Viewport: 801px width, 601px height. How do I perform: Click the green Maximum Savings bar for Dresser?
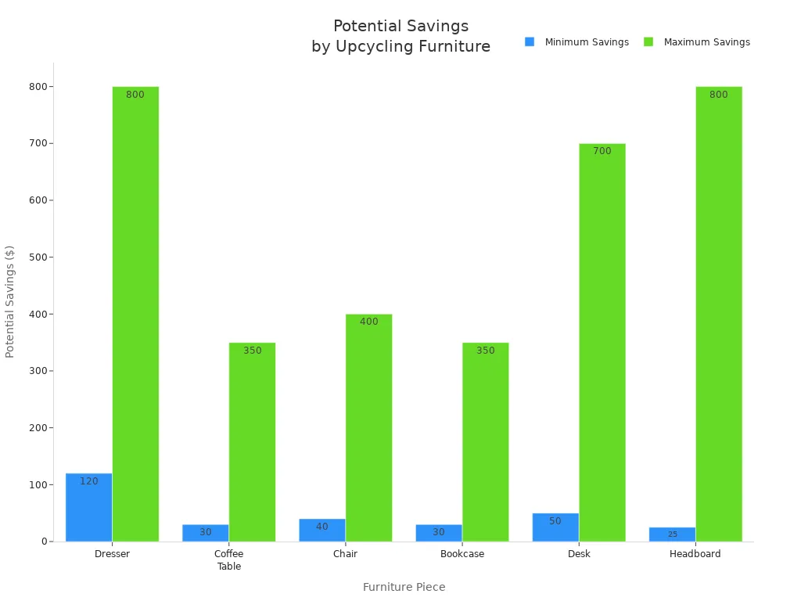pos(135,313)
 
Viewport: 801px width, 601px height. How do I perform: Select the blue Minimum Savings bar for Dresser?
pos(88,509)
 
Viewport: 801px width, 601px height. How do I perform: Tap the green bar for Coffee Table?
pos(252,442)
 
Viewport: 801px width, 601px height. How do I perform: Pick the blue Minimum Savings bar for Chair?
pos(321,531)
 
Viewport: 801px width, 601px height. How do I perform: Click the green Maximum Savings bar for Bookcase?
pos(485,442)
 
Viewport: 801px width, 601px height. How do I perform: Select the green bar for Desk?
pos(602,344)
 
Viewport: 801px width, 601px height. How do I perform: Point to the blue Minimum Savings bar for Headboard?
pos(672,534)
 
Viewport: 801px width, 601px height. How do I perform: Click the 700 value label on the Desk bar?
pos(602,151)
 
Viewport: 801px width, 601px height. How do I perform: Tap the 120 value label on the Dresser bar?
pos(89,481)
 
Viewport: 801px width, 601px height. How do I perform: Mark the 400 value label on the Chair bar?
pos(368,322)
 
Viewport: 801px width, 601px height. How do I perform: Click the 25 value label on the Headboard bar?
pos(672,534)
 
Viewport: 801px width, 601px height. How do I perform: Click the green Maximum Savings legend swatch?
pos(648,42)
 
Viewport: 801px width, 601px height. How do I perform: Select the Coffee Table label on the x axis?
pos(228,560)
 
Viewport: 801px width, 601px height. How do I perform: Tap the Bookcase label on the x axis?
pos(462,554)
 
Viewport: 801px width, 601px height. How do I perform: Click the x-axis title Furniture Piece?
pos(404,587)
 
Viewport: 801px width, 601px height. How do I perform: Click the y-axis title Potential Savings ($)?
pos(10,301)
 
